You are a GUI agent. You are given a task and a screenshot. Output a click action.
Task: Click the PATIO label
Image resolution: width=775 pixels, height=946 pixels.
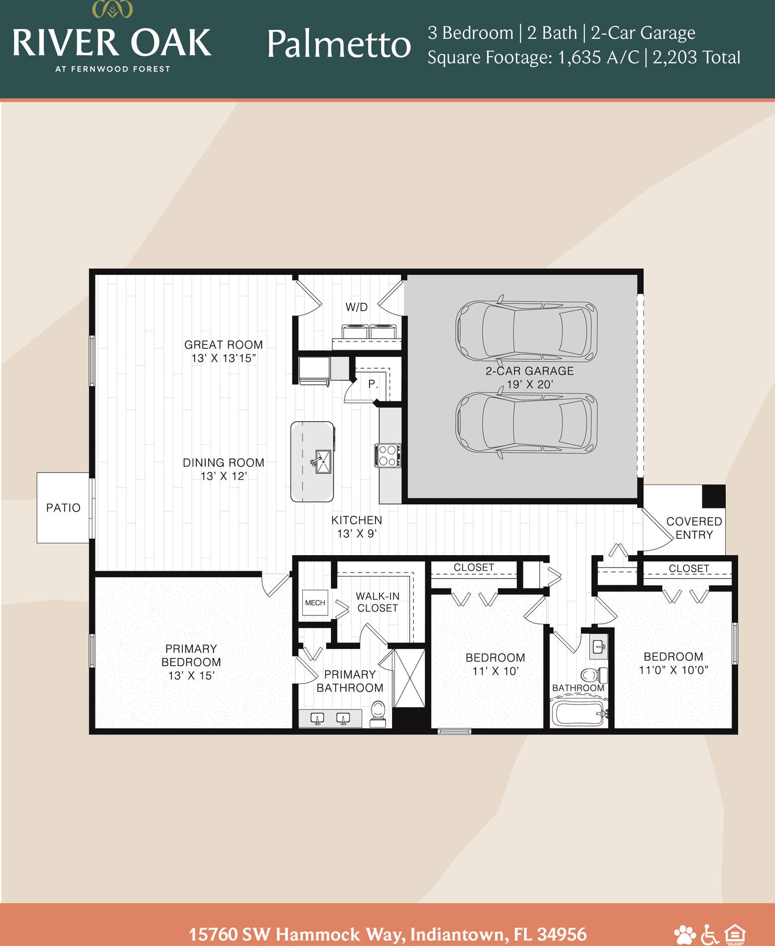click(x=63, y=508)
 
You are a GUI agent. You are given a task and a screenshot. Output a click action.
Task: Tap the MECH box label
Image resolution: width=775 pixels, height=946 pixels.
click(x=315, y=602)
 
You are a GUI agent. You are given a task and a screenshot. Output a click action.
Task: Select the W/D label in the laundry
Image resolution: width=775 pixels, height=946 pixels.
click(x=357, y=307)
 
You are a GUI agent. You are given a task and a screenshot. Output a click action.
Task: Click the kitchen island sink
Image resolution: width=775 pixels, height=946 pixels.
click(x=322, y=462)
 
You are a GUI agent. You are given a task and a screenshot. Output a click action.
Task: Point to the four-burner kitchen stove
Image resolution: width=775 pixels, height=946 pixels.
click(x=388, y=455)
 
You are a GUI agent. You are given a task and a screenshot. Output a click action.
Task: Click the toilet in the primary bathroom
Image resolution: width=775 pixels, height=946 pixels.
click(x=379, y=714)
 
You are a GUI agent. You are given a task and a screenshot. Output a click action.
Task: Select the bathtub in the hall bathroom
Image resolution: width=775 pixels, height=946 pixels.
click(x=578, y=713)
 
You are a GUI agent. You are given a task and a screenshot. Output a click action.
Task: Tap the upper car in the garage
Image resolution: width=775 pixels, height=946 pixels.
click(x=526, y=330)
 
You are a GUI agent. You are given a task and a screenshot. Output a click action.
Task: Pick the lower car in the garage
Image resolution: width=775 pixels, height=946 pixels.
click(x=526, y=423)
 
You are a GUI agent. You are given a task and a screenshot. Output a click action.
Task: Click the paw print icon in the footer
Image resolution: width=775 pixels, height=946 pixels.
click(x=684, y=934)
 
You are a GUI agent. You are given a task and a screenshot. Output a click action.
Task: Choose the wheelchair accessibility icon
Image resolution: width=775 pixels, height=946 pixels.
click(x=709, y=934)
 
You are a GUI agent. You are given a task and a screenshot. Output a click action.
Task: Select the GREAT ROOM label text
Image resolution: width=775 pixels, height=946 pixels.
click(x=224, y=345)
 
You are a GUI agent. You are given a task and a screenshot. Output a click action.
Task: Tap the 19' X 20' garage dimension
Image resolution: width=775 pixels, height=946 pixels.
click(x=530, y=384)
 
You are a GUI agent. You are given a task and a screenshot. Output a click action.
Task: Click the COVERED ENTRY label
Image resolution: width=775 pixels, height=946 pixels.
click(x=694, y=528)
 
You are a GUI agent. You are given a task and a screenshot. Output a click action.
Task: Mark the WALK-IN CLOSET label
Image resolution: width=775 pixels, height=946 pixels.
click(x=378, y=602)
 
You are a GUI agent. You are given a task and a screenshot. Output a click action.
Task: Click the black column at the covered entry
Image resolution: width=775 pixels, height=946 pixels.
click(x=714, y=496)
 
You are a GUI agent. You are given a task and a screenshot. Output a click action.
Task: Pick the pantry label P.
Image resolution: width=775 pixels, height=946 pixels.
click(x=373, y=384)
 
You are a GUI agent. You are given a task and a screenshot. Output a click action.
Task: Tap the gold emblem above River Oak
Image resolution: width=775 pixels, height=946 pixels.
click(x=113, y=9)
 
